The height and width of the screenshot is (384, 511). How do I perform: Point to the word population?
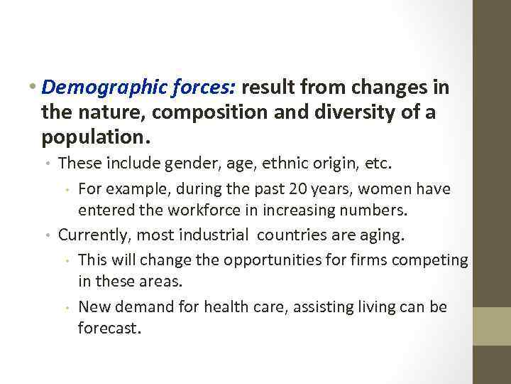click(94, 134)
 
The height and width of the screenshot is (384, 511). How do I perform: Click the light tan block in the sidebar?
click(492, 326)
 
